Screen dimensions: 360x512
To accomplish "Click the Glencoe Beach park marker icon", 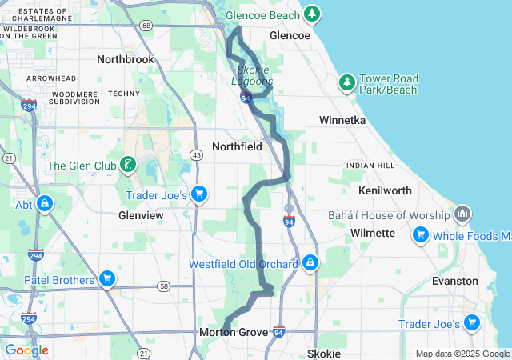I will [311, 14].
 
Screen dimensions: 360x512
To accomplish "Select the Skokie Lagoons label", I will [252, 75].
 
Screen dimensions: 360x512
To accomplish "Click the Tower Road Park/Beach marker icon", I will [347, 82].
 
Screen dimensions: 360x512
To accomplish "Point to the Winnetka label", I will [342, 120].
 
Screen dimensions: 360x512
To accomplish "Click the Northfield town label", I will [237, 146].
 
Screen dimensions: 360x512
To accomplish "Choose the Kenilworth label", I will [386, 190].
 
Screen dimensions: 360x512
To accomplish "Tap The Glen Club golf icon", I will [126, 166].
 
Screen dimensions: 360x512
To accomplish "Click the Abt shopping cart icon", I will [44, 204].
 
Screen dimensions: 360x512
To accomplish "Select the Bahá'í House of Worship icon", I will [462, 214].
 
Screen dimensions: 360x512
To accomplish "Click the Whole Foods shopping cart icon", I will [421, 235].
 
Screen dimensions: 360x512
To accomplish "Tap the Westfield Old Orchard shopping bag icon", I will [310, 263].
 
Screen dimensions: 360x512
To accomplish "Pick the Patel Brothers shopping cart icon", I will [107, 279].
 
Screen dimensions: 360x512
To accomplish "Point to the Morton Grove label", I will [234, 332].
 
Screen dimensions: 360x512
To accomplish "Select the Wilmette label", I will [373, 233].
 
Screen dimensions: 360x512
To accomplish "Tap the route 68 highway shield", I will [145, 26].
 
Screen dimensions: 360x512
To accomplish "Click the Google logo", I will [26, 350].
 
